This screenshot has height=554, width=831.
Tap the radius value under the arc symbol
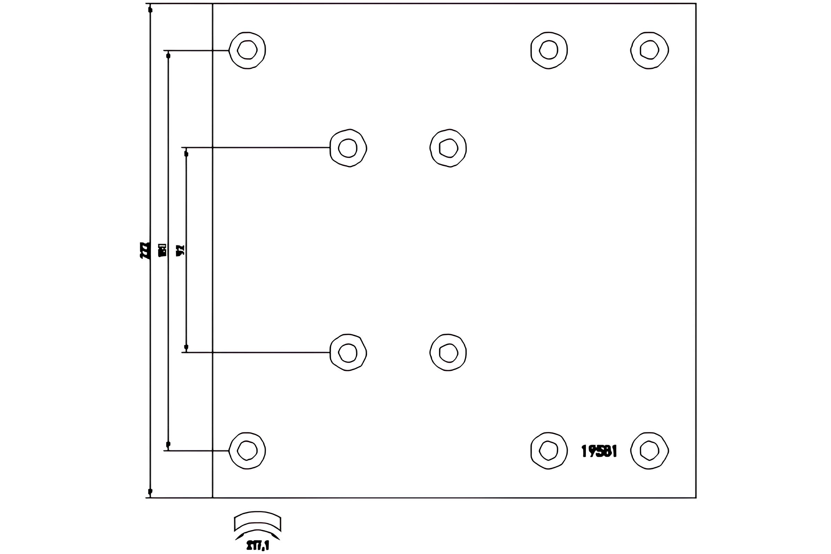click(x=258, y=546)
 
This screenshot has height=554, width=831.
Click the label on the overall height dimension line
click(x=144, y=250)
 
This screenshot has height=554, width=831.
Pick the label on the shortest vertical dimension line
click(x=180, y=250)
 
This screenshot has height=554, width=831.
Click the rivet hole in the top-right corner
click(x=650, y=50)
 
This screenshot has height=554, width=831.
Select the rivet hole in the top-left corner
click(x=247, y=50)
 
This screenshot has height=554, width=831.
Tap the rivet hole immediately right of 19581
click(x=650, y=451)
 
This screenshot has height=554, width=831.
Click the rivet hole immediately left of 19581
click(x=549, y=451)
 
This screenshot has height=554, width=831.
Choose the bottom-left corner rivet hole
click(x=247, y=451)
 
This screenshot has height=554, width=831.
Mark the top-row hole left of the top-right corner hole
click(x=549, y=50)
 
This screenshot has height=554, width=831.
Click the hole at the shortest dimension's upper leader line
click(x=348, y=148)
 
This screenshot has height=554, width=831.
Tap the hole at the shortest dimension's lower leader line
click(x=348, y=352)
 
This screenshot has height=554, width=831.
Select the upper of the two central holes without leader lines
click(x=448, y=148)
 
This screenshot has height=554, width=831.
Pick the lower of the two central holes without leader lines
click(x=448, y=352)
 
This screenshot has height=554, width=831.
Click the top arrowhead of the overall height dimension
click(x=150, y=10)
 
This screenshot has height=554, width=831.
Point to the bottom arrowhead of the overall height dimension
click(x=150, y=491)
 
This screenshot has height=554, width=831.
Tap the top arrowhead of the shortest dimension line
click(x=187, y=154)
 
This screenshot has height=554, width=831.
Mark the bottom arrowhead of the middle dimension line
click(x=168, y=444)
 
